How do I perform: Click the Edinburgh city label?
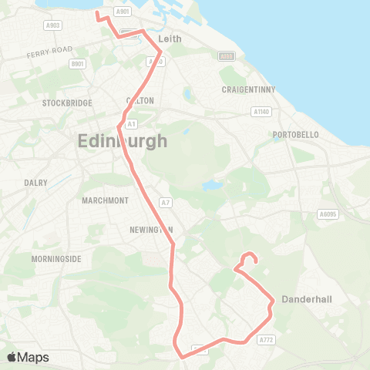tap(123, 141)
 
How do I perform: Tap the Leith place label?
tap(168, 38)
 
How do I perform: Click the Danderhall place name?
tap(307, 299)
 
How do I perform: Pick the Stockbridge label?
tap(67, 103)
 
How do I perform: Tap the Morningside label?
tap(56, 259)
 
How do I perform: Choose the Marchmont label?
tap(98, 201)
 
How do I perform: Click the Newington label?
tap(150, 230)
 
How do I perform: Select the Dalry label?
tap(35, 183)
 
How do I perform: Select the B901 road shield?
tap(77, 64)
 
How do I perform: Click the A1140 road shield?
tap(261, 111)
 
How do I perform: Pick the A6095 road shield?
tap(328, 214)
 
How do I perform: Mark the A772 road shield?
tap(267, 339)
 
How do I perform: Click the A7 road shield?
tap(164, 202)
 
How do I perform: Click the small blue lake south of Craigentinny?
tap(209, 186)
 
